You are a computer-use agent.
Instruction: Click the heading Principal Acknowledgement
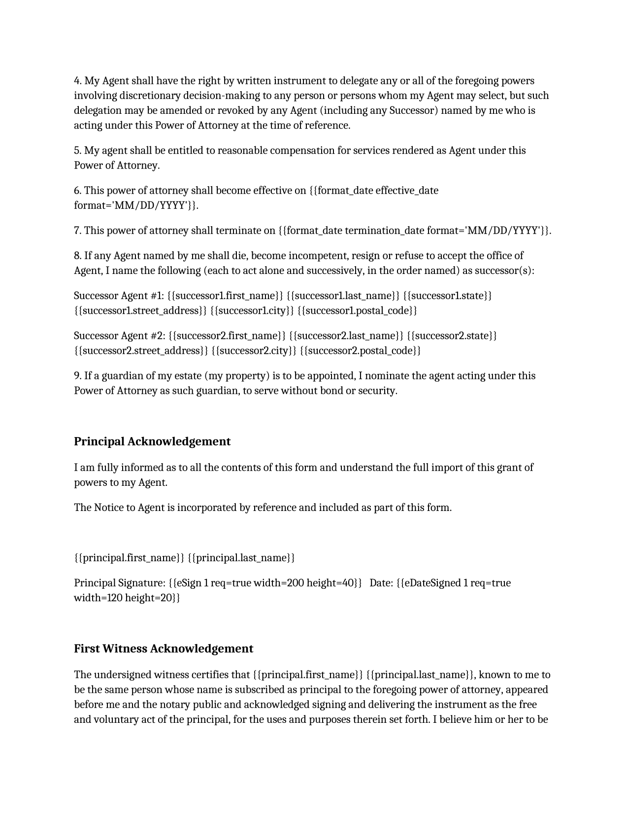tap(152, 441)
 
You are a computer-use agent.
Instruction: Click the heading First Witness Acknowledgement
tap(164, 649)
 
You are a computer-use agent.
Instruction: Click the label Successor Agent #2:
tap(119, 336)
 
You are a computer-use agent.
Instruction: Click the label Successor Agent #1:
tap(119, 296)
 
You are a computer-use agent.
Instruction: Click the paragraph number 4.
tap(77, 81)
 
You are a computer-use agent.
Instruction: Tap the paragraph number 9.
tap(77, 376)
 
